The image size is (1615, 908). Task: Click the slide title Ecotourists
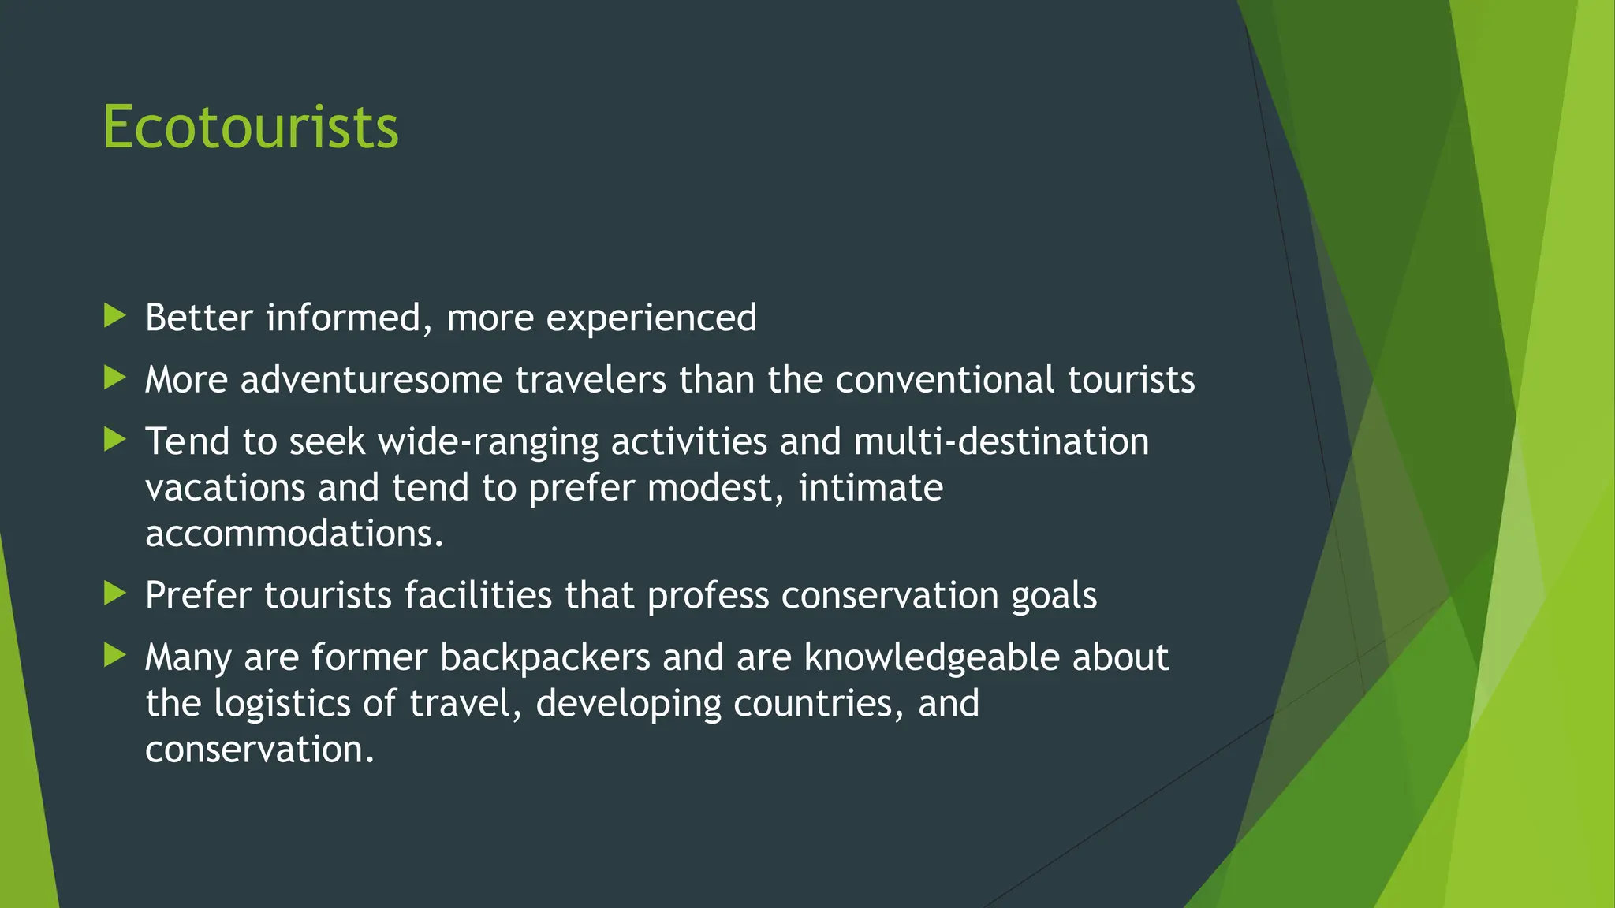[251, 127]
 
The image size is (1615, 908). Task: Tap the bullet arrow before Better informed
[115, 317]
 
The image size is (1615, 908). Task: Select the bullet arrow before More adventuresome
[115, 378]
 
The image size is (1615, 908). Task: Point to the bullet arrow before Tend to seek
[115, 440]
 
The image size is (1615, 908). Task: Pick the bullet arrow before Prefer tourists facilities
[115, 594]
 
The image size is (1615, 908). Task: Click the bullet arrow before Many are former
[115, 655]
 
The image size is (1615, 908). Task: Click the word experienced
[651, 318]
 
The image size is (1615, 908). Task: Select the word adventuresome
[371, 380]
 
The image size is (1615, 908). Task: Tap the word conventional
[944, 380]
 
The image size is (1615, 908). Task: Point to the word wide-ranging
[488, 442]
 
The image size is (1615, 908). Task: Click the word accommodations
[294, 534]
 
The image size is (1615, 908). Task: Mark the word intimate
[871, 487]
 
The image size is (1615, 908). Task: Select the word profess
[707, 596]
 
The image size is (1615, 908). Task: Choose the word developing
[628, 704]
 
